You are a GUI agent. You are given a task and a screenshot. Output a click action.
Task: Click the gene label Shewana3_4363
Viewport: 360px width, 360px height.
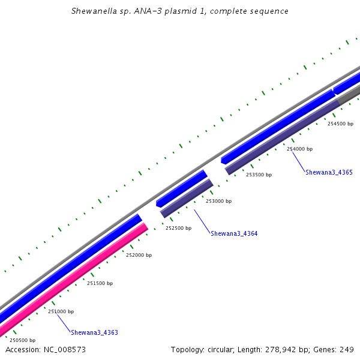pos(94,332)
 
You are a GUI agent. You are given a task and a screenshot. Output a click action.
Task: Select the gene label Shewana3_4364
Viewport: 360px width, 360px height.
pos(234,233)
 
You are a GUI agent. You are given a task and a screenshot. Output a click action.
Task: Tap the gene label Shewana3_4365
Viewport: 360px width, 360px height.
pos(329,172)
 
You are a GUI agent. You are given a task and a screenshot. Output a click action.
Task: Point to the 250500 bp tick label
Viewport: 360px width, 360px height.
pos(22,340)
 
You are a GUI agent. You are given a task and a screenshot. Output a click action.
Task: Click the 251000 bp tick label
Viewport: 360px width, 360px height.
pos(61,311)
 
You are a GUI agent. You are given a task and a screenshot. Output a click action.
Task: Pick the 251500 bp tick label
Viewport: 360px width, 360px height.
pos(100,283)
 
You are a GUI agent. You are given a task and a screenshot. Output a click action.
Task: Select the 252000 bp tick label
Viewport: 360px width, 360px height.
pos(139,255)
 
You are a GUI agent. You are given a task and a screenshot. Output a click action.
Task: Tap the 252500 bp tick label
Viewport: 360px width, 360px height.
pos(178,228)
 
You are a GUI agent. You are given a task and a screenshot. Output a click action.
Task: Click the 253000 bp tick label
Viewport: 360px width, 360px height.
pos(218,201)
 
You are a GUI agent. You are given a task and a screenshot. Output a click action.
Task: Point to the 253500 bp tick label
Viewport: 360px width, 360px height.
pos(259,175)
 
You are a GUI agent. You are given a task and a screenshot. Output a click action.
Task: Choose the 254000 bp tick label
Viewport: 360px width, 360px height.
pos(299,149)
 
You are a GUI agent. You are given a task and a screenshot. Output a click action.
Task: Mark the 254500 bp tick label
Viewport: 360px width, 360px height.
pos(340,124)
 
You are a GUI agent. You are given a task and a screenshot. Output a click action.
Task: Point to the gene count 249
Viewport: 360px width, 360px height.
pos(347,349)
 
